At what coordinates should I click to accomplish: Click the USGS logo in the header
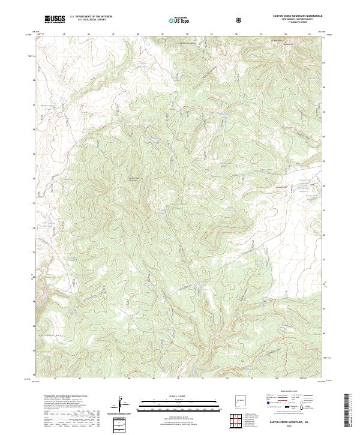coord(55,19)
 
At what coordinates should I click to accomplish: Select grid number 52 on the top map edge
coord(236,34)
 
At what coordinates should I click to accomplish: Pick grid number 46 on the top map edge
coord(88,34)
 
